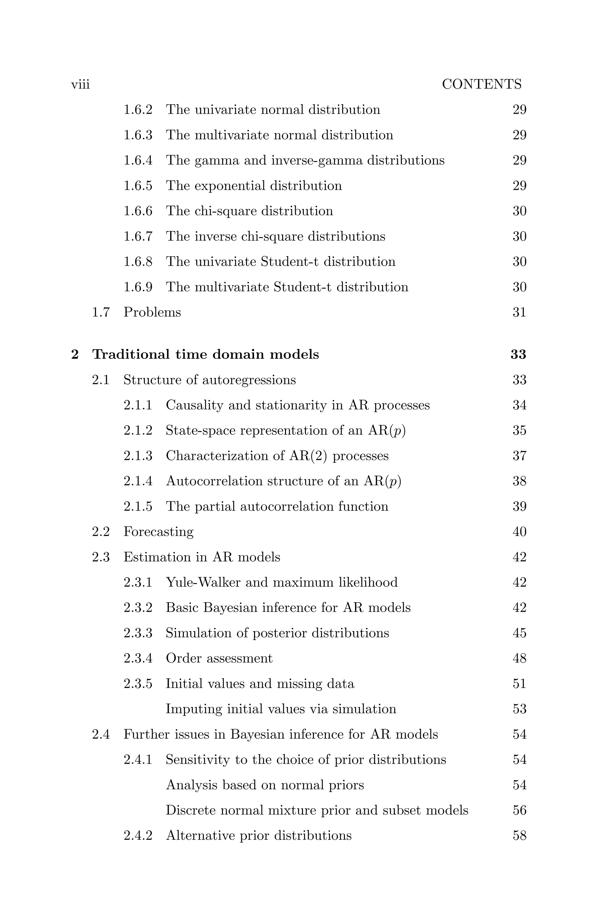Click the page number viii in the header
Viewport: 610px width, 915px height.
coord(80,84)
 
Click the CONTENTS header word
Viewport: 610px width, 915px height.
coord(482,84)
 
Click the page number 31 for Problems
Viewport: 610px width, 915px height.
coord(519,312)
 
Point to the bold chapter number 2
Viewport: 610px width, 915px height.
coord(75,354)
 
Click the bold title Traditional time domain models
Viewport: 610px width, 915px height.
coord(206,354)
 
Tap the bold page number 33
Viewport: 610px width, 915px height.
coord(518,354)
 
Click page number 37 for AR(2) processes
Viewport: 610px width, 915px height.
coord(519,456)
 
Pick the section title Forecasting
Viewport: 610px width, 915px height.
coord(158,532)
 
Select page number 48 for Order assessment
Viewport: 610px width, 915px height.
coord(519,658)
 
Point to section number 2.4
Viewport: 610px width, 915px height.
coord(101,735)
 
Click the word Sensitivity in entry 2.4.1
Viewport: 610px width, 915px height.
coord(197,760)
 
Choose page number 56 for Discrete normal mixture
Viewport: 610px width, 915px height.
coord(519,810)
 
